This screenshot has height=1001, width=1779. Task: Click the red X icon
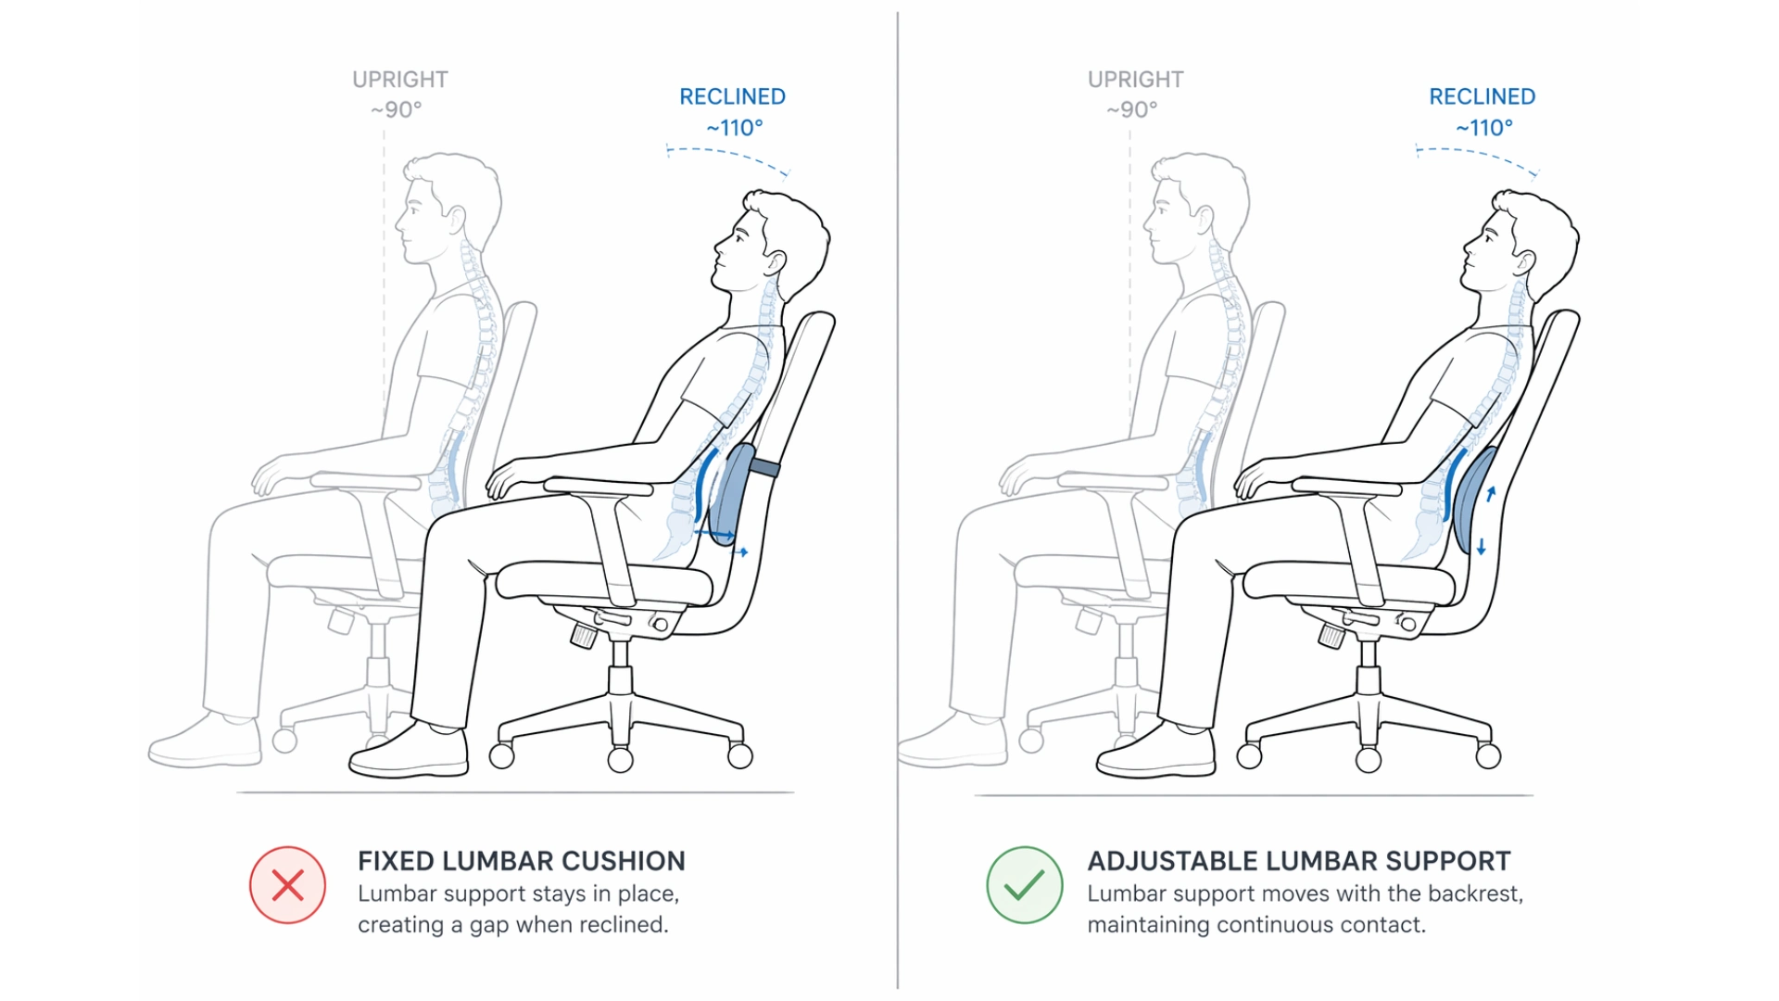[287, 885]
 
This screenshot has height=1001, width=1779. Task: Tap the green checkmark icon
[1024, 885]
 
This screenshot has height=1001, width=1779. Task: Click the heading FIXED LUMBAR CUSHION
[521, 861]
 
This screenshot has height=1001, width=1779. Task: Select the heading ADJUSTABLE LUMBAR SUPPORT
[1298, 861]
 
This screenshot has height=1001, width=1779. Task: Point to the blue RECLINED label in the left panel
[732, 96]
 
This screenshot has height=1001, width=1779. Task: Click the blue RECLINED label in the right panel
[1482, 96]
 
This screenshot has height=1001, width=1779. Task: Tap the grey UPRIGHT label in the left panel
[399, 80]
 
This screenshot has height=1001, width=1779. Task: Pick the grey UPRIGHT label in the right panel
[1135, 80]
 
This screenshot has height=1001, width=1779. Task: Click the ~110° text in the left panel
[734, 128]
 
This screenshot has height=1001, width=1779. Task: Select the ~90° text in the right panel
[1131, 109]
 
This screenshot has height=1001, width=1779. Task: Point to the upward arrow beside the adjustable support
[1491, 494]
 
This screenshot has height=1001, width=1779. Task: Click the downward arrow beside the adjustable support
[1482, 547]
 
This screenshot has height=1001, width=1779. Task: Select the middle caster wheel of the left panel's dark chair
[620, 760]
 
